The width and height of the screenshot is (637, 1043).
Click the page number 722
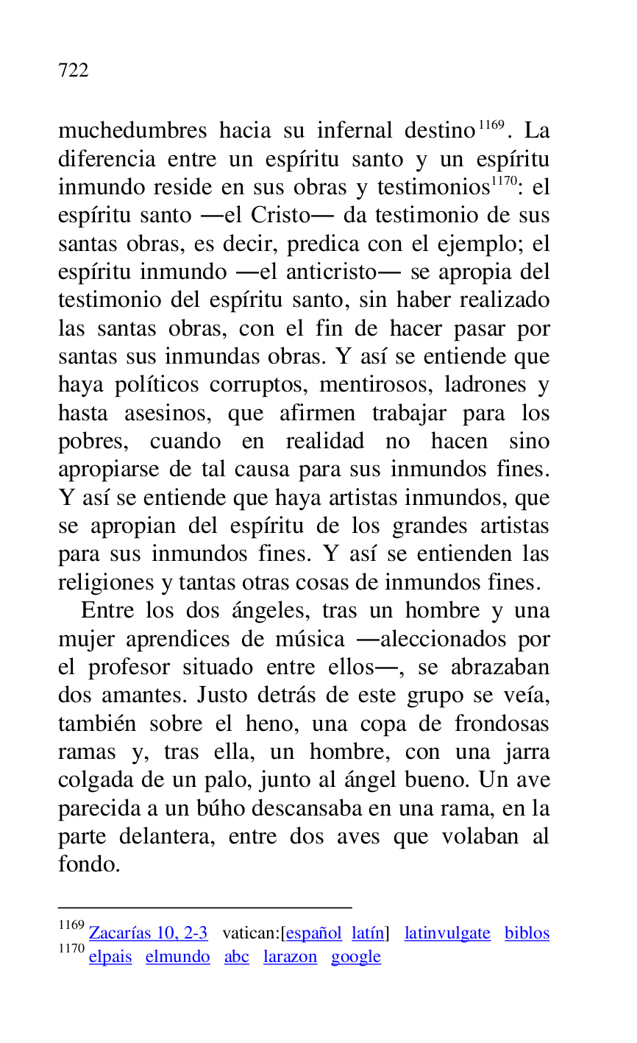click(73, 71)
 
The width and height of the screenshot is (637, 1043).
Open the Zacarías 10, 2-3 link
click(148, 933)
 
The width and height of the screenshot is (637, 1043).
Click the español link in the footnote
click(314, 933)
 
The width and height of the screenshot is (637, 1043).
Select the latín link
click(367, 933)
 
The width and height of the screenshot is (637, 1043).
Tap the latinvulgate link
click(447, 933)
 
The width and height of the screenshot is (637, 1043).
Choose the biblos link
click(527, 933)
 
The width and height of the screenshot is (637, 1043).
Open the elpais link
click(110, 957)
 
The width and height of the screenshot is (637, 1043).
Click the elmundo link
click(177, 957)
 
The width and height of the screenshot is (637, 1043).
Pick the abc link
click(236, 957)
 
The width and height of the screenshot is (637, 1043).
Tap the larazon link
click(290, 957)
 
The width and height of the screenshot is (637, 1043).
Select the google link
click(355, 957)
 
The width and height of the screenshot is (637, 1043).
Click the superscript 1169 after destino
click(491, 124)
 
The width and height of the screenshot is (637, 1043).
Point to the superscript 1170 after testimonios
click(505, 181)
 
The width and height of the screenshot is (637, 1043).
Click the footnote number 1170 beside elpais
click(71, 950)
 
